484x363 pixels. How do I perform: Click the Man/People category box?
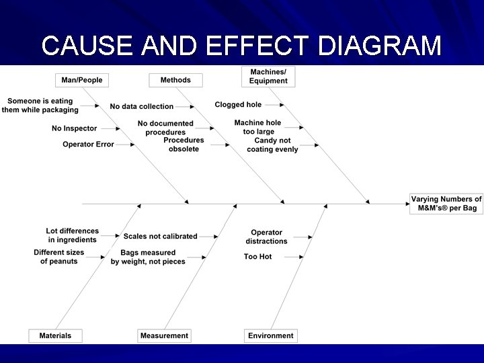click(82, 80)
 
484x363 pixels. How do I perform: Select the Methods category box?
click(175, 80)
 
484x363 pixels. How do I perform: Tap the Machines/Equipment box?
click(268, 77)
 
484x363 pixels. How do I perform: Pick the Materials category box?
click(55, 335)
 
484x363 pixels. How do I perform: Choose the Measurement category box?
click(165, 335)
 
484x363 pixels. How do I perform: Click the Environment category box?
click(271, 335)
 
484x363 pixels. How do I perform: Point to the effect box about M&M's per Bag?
click(446, 204)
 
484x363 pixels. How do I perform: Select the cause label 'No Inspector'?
click(74, 128)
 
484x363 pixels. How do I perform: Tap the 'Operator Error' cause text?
click(88, 145)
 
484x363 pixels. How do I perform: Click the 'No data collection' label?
click(142, 106)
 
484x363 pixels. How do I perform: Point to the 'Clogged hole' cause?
click(238, 105)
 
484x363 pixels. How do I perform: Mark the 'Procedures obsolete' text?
click(184, 145)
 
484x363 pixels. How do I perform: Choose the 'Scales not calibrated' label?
click(160, 237)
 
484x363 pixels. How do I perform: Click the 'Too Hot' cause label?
click(257, 257)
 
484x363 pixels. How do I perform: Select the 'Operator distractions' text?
click(266, 237)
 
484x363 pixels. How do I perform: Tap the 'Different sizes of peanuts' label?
click(59, 257)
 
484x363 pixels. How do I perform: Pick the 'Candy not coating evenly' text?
click(272, 145)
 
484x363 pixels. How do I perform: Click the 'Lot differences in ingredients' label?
click(72, 235)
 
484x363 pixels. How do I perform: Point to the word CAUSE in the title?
click(85, 46)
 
